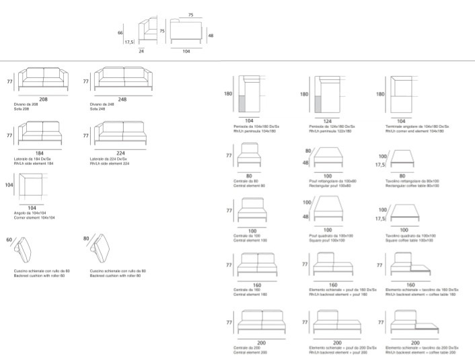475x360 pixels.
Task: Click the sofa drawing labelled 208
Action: [43, 80]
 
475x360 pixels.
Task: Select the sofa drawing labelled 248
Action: [122, 80]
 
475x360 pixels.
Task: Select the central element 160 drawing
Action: [258, 264]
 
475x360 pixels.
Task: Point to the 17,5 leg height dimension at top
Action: [128, 42]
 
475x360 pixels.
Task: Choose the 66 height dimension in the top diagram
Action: [120, 32]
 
